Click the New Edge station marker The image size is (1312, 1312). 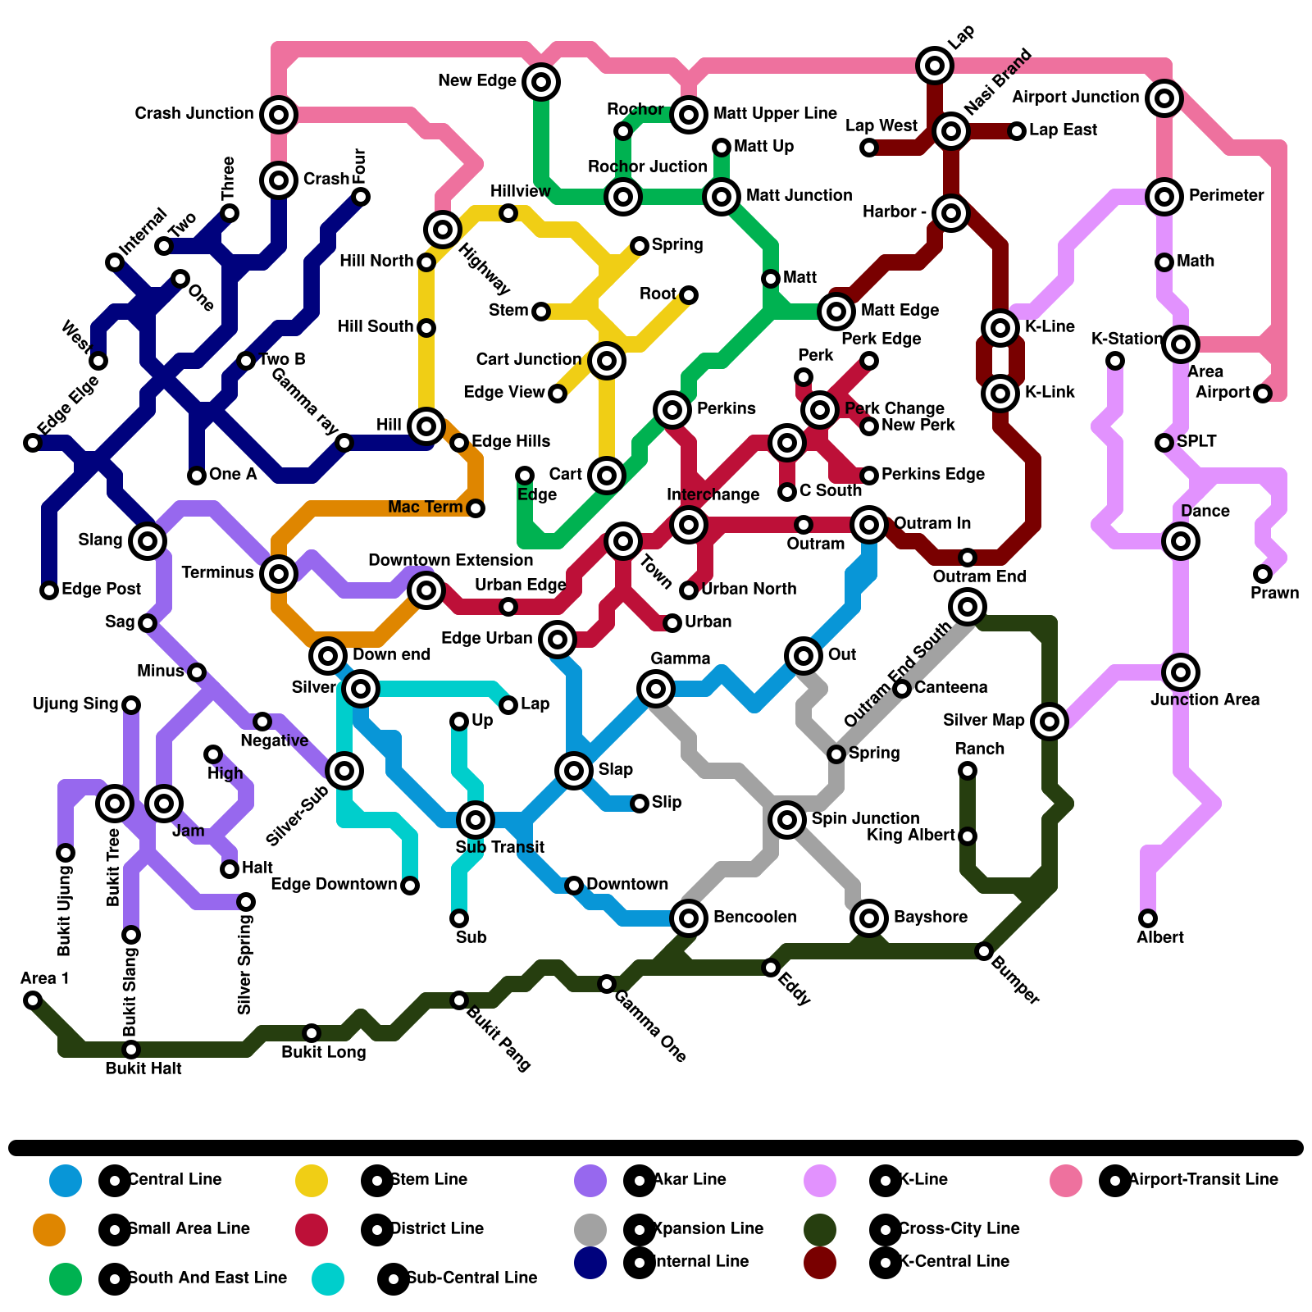click(x=540, y=81)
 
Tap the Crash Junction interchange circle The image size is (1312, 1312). click(x=278, y=114)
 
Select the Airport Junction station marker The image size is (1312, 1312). click(x=1164, y=98)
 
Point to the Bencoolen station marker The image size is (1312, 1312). click(x=688, y=918)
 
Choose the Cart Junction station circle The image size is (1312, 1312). click(x=606, y=360)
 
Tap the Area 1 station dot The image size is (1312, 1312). click(x=33, y=1000)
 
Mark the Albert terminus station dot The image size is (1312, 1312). click(x=1148, y=918)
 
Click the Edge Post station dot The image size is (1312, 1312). click(x=49, y=590)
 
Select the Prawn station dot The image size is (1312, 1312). click(x=1263, y=574)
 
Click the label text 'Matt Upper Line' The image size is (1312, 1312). click(x=775, y=113)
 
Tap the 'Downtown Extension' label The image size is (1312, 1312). click(x=450, y=560)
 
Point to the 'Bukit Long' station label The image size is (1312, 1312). click(x=323, y=1052)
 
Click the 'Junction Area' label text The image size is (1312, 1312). click(x=1205, y=699)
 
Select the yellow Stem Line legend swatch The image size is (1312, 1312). click(x=312, y=1181)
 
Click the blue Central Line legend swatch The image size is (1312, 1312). click(x=66, y=1181)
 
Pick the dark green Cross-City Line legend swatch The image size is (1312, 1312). click(x=820, y=1229)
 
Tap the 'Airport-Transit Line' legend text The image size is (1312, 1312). click(x=1203, y=1180)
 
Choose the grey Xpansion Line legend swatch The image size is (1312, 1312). click(x=590, y=1229)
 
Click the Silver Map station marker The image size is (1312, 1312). click(x=1049, y=721)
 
